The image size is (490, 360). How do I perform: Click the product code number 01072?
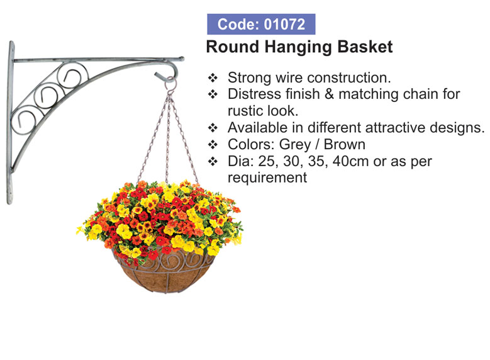(x=284, y=25)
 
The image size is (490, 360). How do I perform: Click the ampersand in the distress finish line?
(x=329, y=94)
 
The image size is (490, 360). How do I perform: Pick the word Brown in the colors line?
(x=344, y=145)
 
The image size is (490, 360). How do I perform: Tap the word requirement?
(x=267, y=178)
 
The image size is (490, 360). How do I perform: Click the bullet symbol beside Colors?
(x=213, y=145)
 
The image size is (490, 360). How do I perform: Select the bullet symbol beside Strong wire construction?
(x=213, y=77)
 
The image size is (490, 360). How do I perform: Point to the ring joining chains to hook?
(x=171, y=84)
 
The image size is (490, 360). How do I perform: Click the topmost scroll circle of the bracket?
(x=72, y=75)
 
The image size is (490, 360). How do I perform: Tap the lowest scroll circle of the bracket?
(x=24, y=120)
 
